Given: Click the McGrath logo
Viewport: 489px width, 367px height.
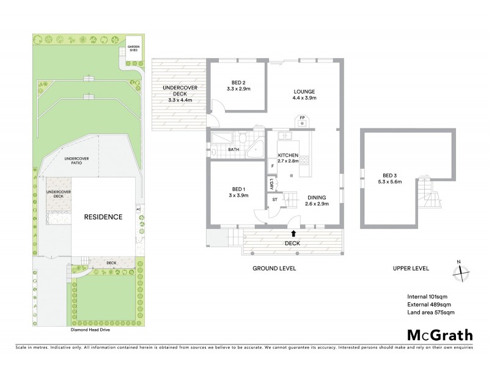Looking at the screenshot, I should (439, 335).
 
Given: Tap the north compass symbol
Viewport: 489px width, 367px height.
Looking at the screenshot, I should (461, 273).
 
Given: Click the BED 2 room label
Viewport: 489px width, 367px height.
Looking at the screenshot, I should (238, 86).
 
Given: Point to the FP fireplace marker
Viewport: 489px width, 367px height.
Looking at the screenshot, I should (301, 118).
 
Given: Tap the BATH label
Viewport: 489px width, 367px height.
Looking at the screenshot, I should (233, 149).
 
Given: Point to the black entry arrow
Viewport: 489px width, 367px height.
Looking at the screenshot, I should (294, 233).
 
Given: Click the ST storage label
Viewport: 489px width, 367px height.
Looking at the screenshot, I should (274, 199).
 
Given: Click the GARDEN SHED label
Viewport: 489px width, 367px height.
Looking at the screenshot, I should (133, 49).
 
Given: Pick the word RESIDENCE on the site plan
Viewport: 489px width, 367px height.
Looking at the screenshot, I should (103, 217).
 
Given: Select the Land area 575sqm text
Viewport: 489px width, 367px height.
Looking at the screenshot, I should (431, 313).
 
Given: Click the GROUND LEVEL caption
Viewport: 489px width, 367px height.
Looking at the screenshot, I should (274, 268).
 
